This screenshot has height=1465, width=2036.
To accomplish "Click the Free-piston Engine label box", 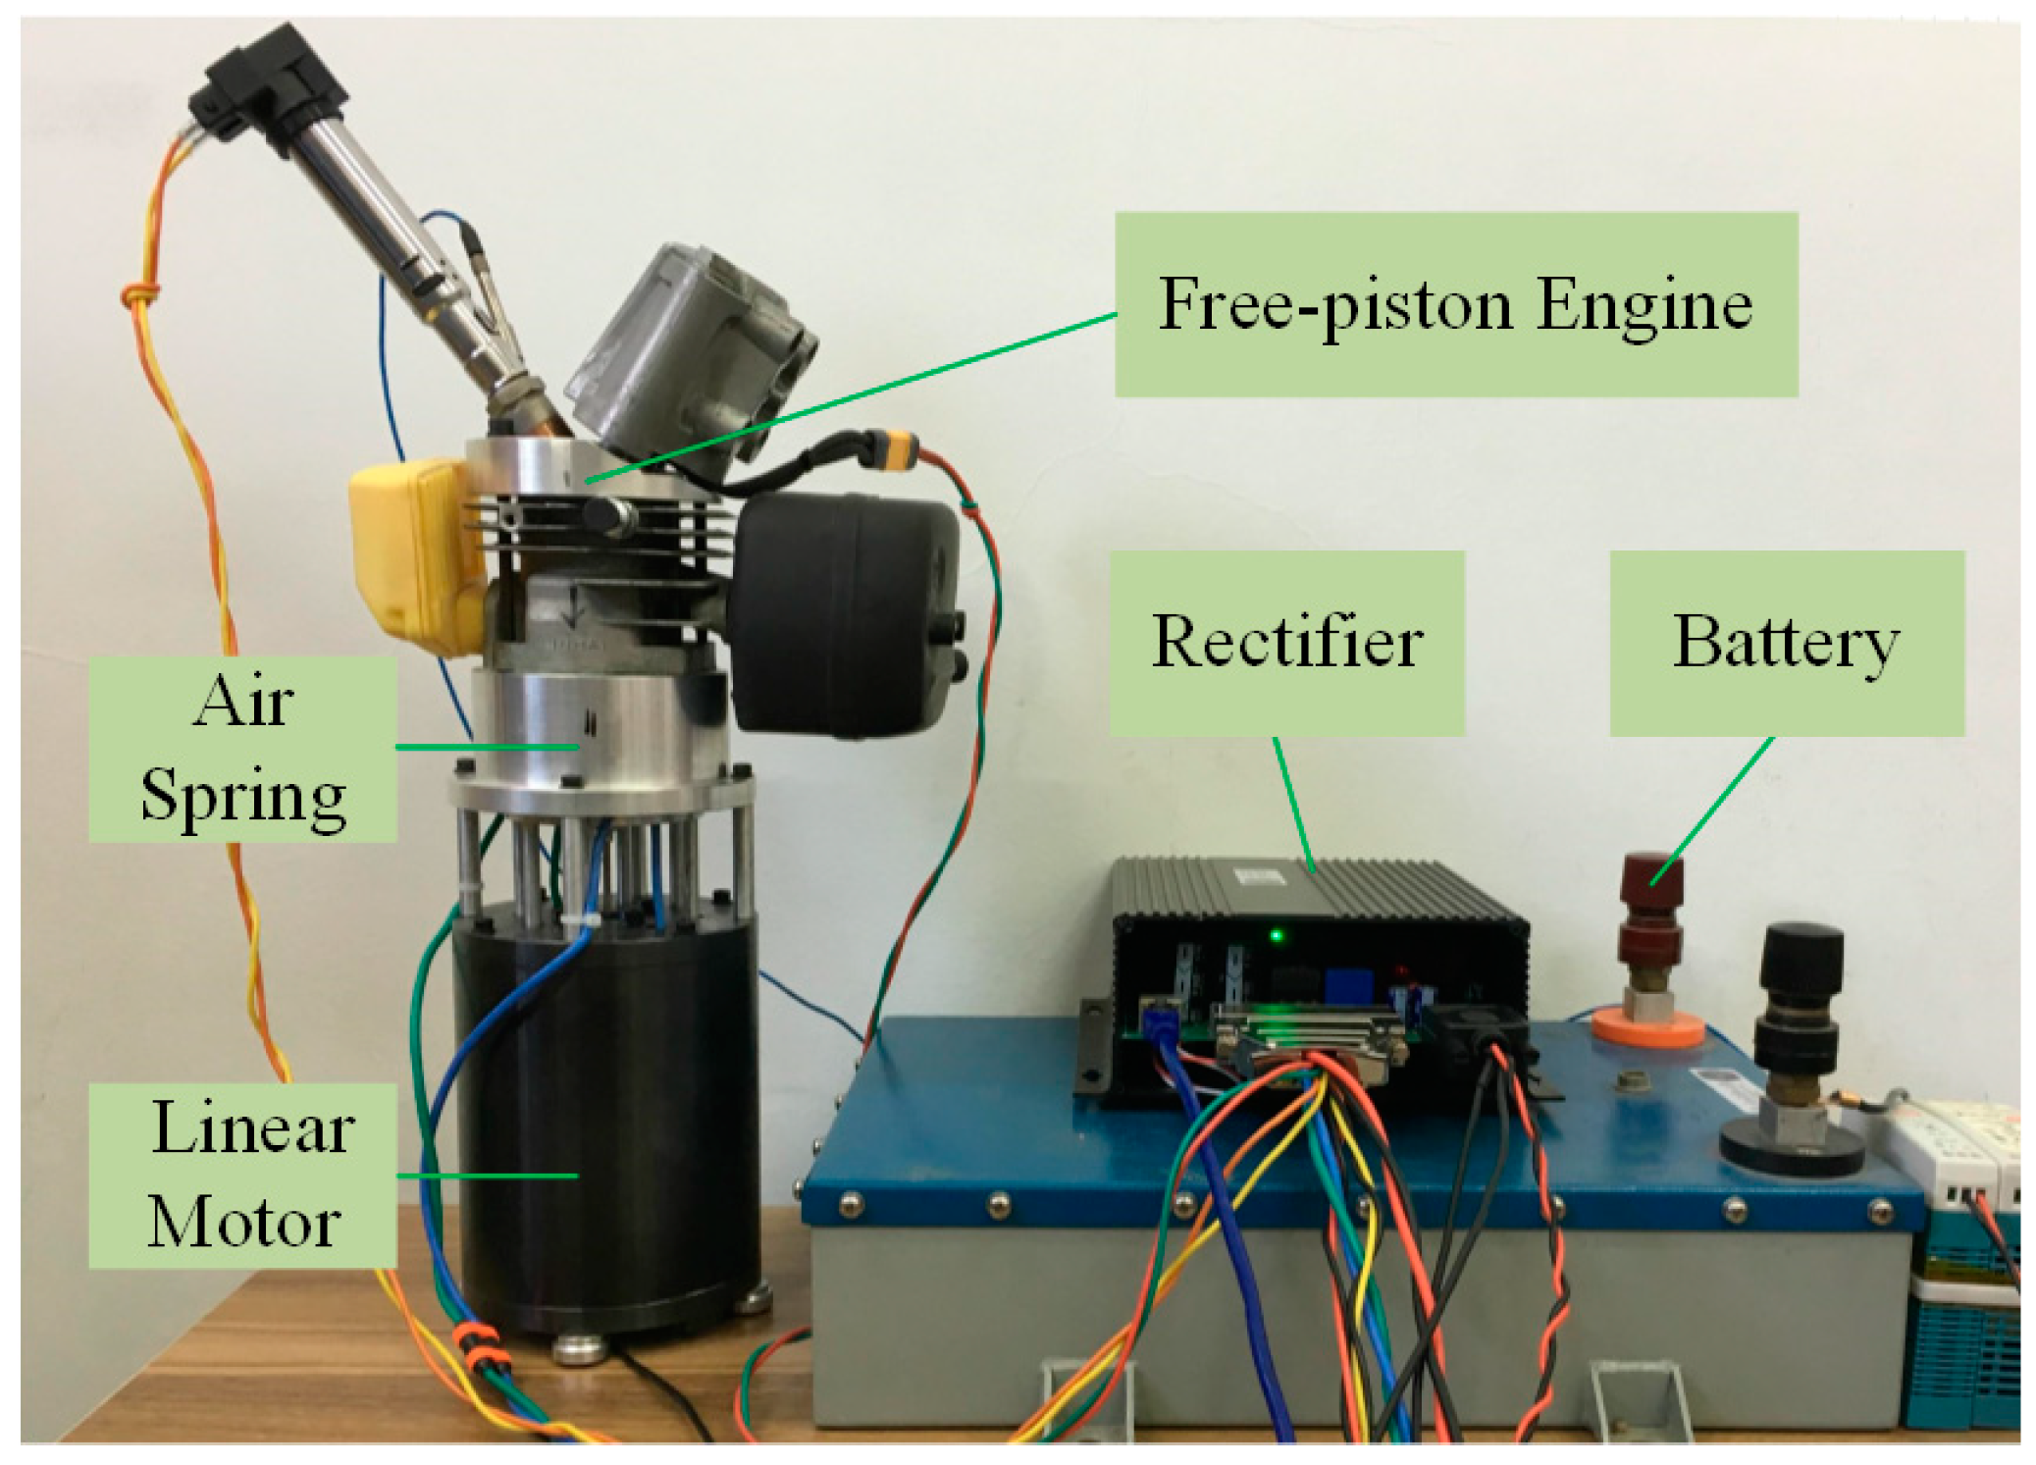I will point(1455,304).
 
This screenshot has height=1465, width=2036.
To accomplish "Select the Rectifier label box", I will point(1286,643).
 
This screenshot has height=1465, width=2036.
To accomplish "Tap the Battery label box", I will point(1786,643).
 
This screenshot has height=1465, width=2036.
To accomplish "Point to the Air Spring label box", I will point(242,749).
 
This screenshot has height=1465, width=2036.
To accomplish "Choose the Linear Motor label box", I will point(242,1175).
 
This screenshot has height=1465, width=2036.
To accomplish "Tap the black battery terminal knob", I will point(1801,967).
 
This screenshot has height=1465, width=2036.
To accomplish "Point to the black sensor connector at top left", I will point(250,83).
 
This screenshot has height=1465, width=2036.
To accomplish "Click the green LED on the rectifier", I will point(1277,935).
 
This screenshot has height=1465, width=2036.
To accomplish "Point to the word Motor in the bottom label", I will point(244,1222).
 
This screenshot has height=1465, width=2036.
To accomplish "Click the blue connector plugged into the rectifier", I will point(1160,1020).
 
